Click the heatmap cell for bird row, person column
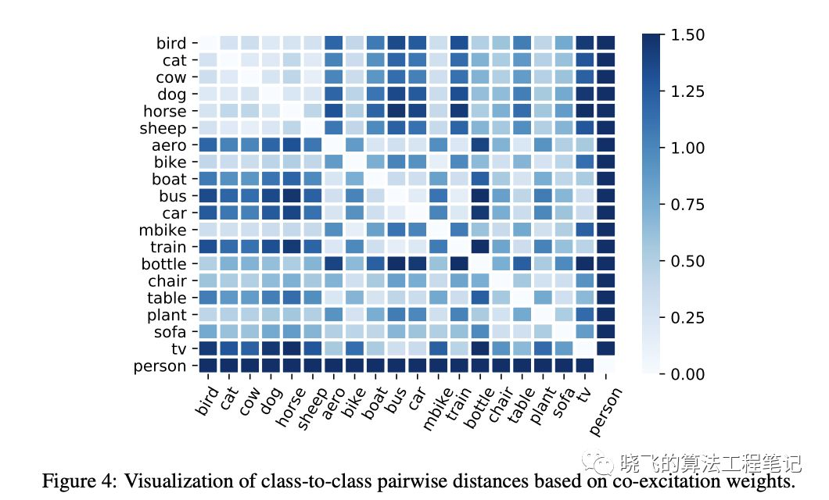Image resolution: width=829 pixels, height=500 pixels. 605,43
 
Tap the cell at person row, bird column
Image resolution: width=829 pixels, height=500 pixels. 208,366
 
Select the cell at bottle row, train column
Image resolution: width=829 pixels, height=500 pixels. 458,264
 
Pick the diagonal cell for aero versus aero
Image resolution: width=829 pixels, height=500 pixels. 333,145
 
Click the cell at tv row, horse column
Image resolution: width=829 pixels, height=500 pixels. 292,348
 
